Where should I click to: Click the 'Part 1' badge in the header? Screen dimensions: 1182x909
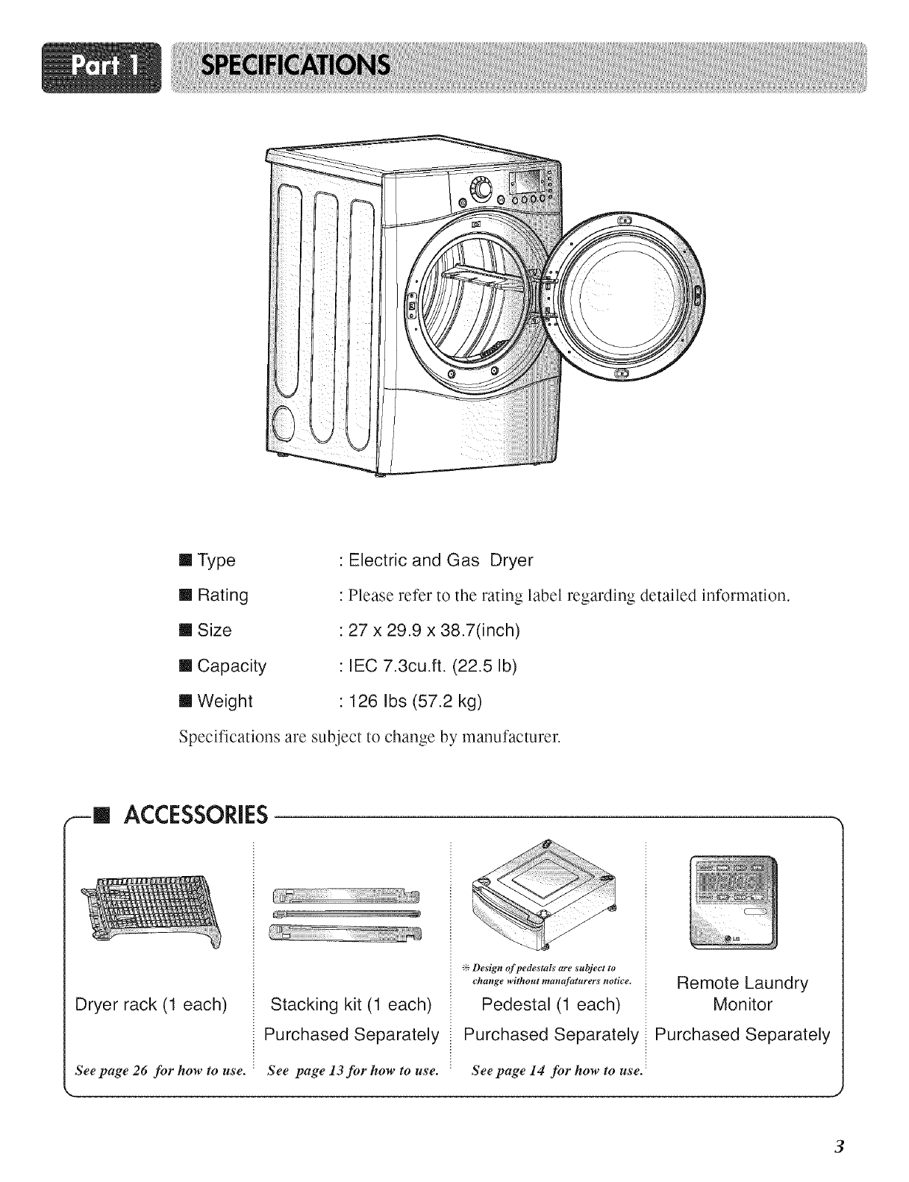102,67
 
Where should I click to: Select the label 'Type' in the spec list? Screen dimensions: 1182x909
216,560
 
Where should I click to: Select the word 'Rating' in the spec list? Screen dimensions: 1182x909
222,595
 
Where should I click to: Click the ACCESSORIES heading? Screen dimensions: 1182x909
196,816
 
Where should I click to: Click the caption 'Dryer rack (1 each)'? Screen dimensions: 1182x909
151,1004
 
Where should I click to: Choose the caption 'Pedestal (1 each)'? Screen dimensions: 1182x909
551,1004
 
